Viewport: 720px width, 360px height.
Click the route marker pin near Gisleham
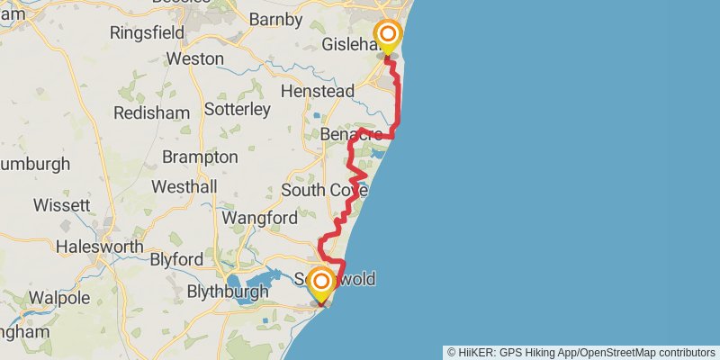click(388, 37)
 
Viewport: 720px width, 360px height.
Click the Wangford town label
click(259, 219)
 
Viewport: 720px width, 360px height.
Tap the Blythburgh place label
click(228, 292)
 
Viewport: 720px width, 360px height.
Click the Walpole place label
click(58, 297)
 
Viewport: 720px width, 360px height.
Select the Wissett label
click(62, 205)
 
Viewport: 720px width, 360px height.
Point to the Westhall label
click(184, 187)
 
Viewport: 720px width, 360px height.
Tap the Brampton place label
click(200, 157)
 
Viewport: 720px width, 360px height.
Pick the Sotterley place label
click(238, 110)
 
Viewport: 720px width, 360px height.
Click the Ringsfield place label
click(147, 32)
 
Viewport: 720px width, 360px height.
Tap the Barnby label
click(280, 18)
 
